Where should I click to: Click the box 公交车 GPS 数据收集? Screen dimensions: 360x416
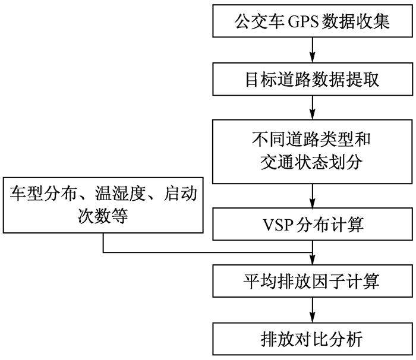(312, 22)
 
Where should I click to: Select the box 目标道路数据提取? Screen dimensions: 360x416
(312, 78)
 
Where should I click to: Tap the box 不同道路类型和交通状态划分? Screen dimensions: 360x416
(312, 151)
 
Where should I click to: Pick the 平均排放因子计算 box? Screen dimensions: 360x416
(312, 280)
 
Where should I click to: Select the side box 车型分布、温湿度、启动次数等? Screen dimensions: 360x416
(103, 205)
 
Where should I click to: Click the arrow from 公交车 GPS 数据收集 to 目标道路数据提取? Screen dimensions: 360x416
(312, 50)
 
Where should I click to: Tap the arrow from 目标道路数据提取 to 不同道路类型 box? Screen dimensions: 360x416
(312, 106)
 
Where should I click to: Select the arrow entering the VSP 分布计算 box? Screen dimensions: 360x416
(312, 195)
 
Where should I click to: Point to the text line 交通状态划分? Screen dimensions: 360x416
(312, 162)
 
